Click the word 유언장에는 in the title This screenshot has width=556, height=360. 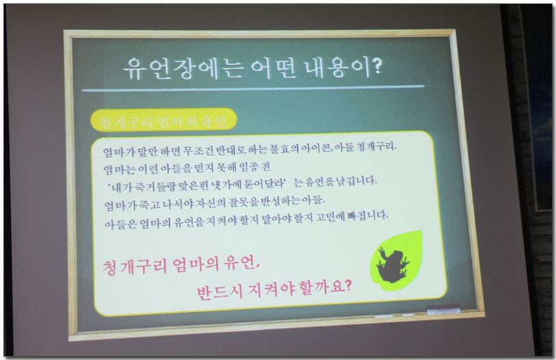coord(184,68)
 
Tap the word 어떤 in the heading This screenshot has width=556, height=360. coord(273,68)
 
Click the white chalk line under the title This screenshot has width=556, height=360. coord(253,88)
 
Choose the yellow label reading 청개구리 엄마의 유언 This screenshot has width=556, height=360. coord(164,120)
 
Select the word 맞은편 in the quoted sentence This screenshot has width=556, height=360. coord(194,185)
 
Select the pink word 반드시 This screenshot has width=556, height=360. coord(220,292)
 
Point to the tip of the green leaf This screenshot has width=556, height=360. coord(422,231)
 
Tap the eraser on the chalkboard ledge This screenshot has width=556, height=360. coord(444,311)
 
